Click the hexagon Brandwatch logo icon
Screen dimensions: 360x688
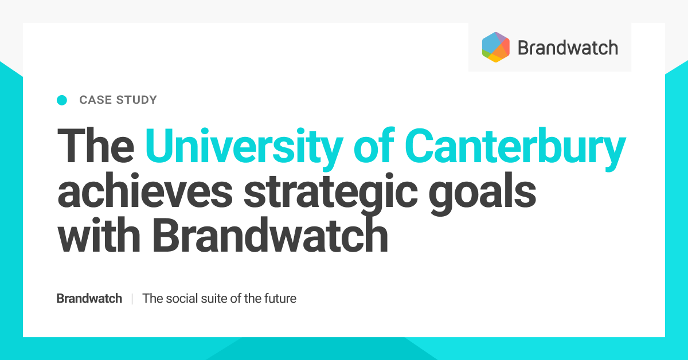click(x=496, y=47)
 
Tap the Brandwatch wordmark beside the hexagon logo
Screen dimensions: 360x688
click(x=568, y=48)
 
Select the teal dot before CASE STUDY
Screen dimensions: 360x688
click(x=62, y=100)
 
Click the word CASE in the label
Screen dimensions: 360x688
click(x=95, y=100)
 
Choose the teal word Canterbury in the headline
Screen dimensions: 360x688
click(x=516, y=147)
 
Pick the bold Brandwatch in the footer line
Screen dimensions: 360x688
click(x=89, y=299)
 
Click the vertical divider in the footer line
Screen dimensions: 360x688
click(x=132, y=299)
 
